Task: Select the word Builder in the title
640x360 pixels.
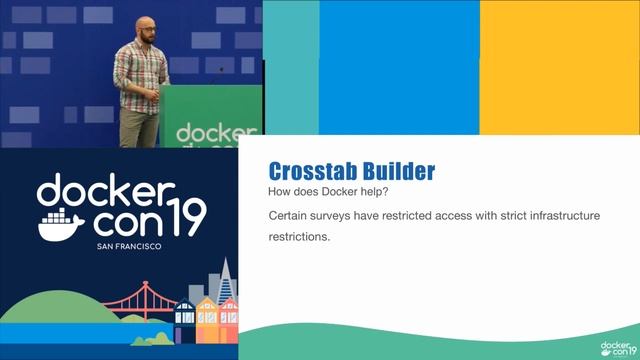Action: coord(397,170)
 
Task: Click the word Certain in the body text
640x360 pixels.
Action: coord(291,216)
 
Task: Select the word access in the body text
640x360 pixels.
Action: coord(477,216)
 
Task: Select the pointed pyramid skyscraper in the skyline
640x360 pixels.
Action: coord(227,281)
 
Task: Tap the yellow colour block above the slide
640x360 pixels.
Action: coord(559,65)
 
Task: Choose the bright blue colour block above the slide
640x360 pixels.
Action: coord(399,65)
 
